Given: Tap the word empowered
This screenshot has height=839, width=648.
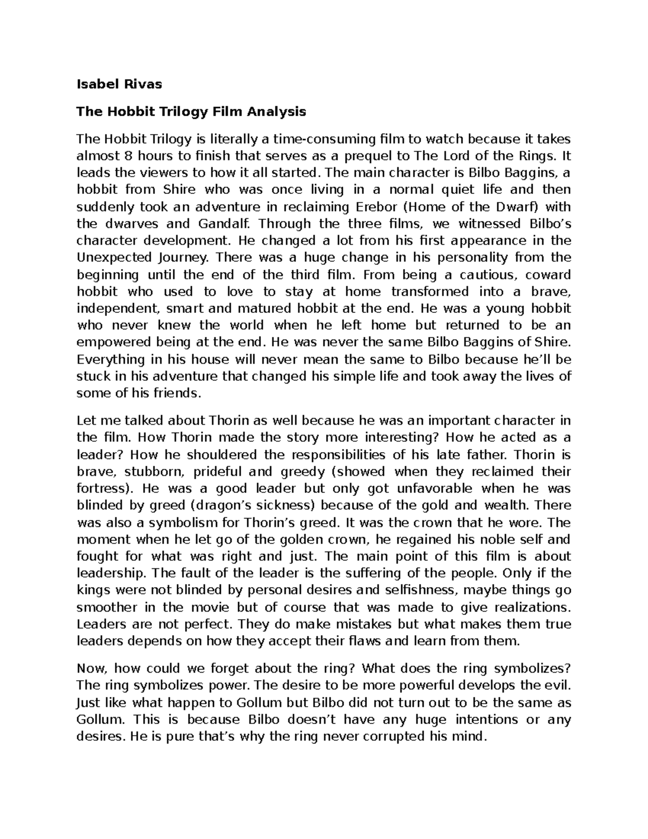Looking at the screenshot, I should click(114, 343).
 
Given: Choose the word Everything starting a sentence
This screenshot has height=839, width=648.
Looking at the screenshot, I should click(111, 359).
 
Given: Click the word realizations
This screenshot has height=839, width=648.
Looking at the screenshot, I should click(526, 607).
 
